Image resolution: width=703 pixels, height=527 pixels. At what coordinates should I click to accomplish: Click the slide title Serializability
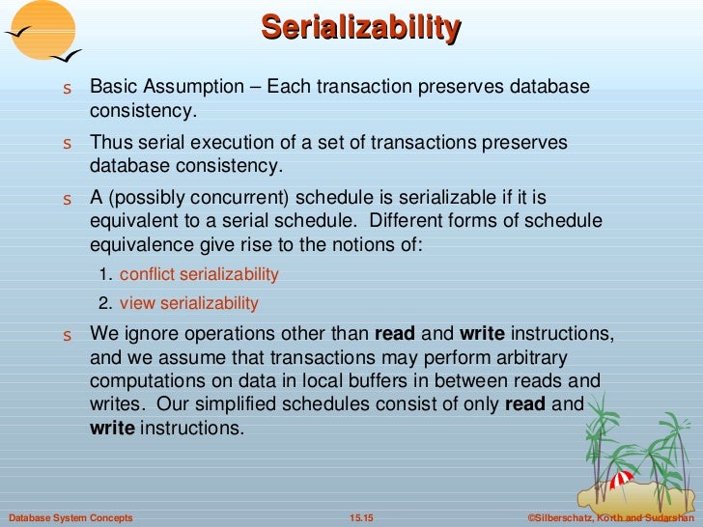(359, 27)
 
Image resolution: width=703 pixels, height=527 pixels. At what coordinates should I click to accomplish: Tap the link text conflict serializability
(199, 274)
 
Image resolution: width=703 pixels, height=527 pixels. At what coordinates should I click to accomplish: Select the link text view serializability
(189, 303)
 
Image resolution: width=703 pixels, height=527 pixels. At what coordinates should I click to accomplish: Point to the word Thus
(110, 143)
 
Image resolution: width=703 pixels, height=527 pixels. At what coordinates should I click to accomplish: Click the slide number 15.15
(360, 518)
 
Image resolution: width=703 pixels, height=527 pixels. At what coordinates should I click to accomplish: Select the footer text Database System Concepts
(69, 518)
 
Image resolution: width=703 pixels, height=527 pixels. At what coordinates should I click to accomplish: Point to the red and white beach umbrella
(621, 480)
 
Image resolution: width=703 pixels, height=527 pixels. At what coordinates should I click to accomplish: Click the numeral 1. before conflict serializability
(105, 274)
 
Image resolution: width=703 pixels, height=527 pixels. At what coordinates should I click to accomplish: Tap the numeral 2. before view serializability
(105, 303)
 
